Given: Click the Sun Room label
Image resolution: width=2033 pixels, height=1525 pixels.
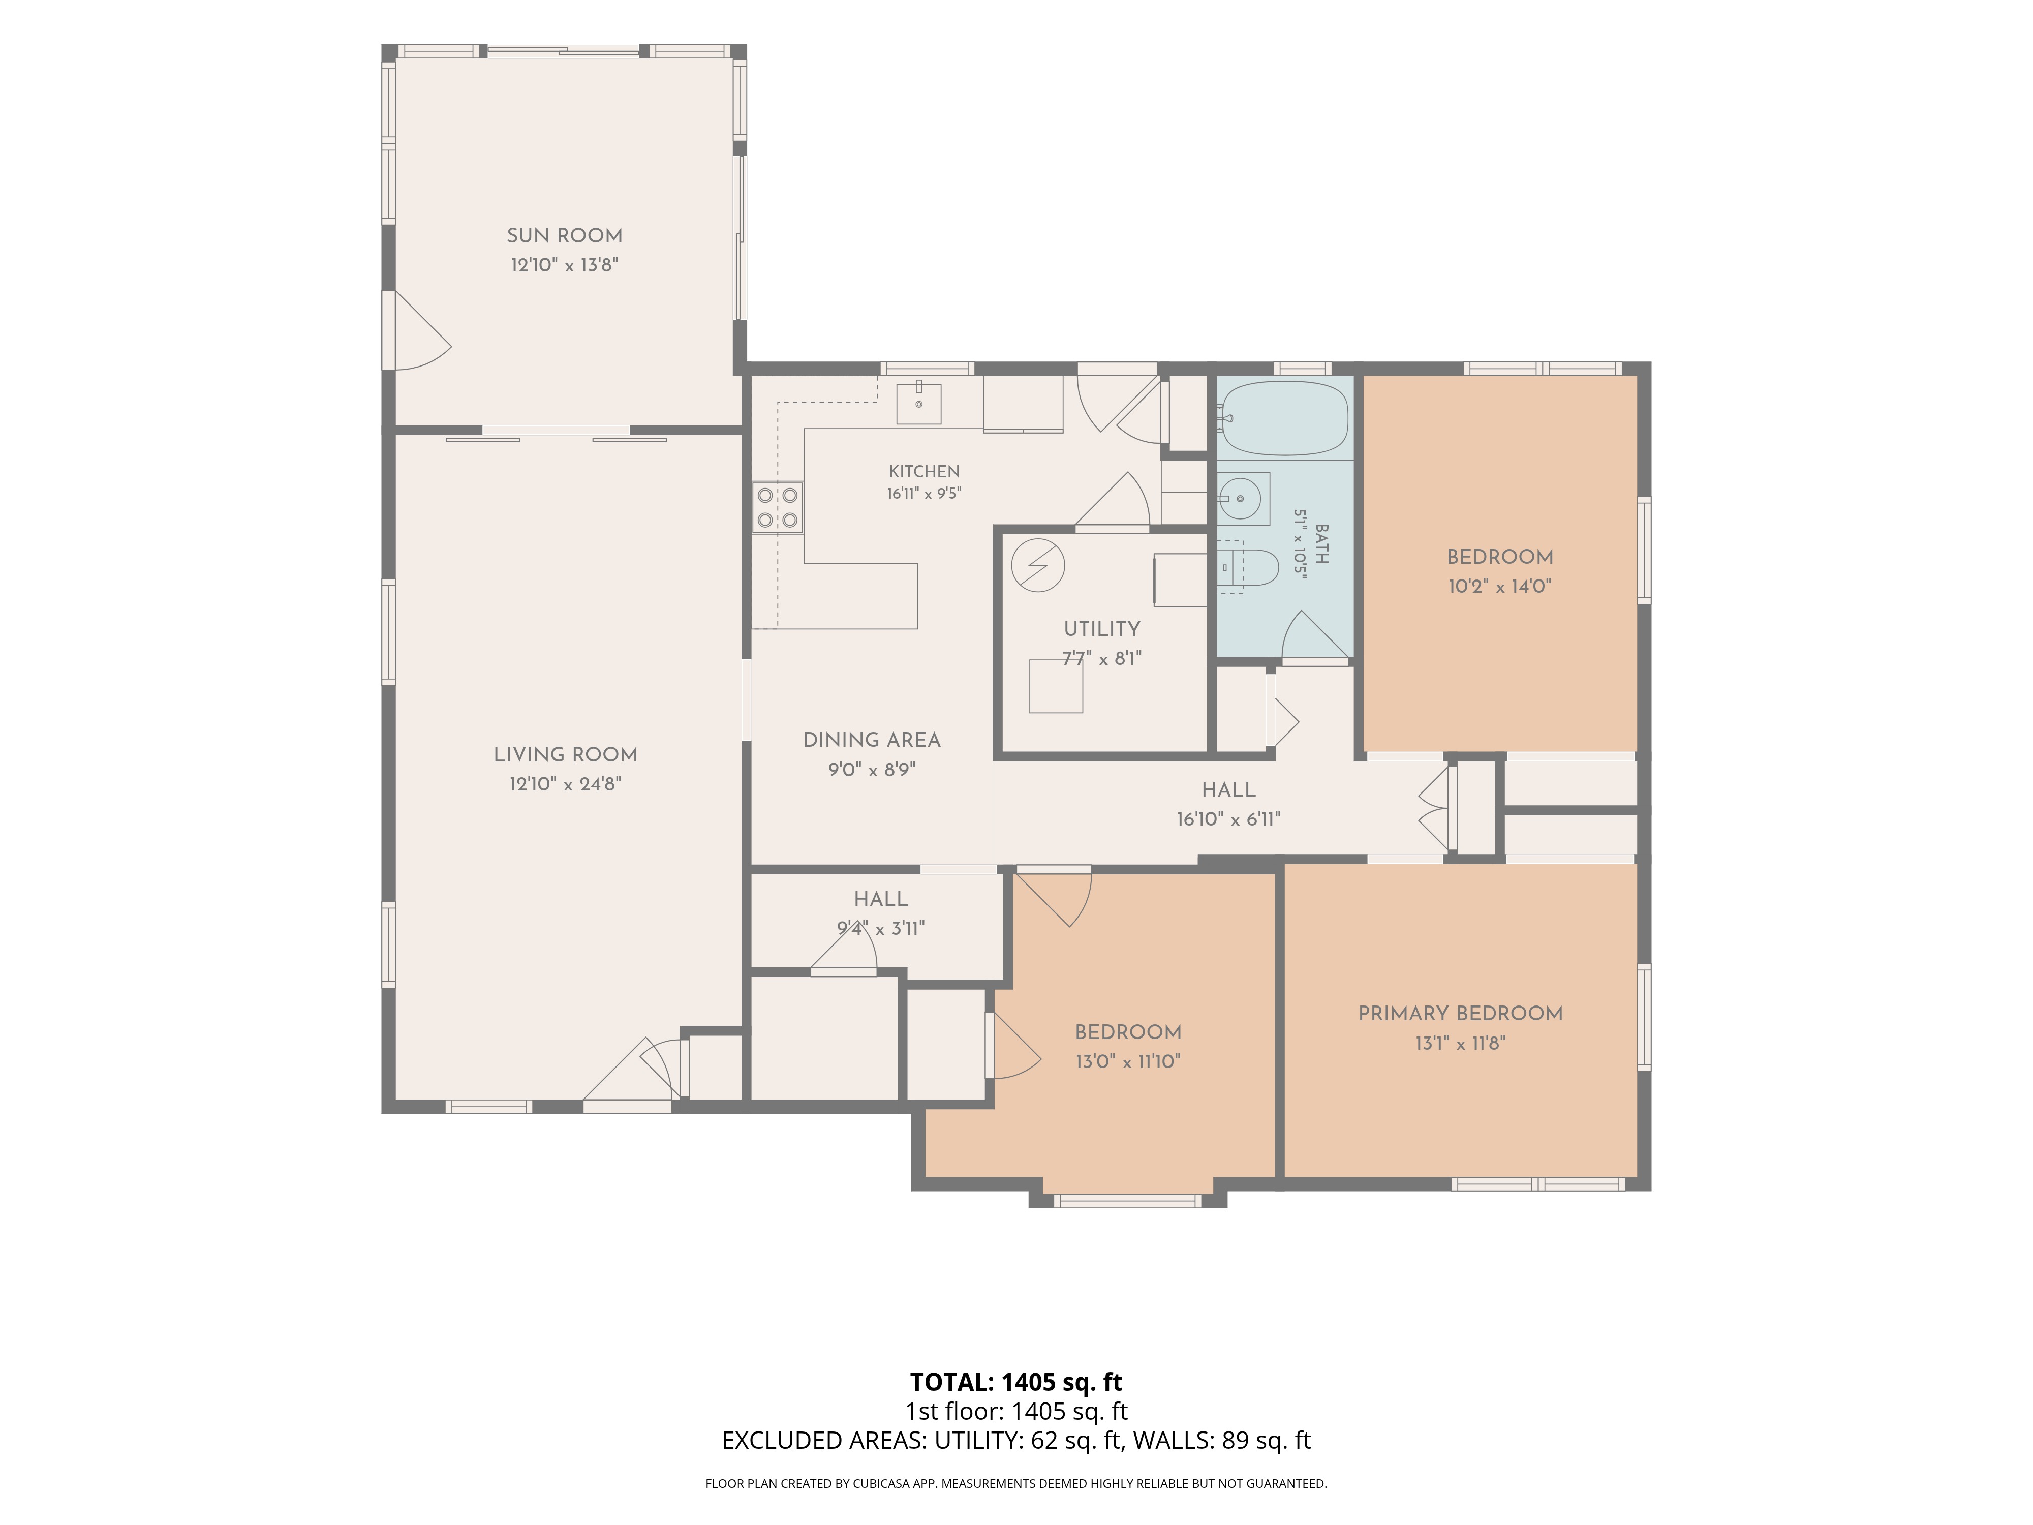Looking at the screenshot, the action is point(564,236).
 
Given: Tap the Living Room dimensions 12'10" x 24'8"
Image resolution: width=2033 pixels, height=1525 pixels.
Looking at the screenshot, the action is point(565,784).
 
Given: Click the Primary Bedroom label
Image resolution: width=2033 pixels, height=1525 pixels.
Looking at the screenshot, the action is point(1460,1014).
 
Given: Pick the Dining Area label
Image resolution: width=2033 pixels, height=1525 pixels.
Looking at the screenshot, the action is point(871,740).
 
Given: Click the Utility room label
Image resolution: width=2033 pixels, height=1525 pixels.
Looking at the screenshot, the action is point(1102,630).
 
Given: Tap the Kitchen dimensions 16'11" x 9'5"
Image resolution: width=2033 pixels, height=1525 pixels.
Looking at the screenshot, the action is point(923,494).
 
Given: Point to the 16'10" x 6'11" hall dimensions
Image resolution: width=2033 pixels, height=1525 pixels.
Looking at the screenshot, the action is point(1229,819).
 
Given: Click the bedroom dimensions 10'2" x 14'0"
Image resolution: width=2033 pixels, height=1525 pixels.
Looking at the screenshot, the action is point(1500,587).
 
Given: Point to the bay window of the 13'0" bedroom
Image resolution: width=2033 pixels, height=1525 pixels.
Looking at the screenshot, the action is point(1127,1201).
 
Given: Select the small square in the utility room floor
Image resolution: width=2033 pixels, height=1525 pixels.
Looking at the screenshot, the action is point(1056,686).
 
